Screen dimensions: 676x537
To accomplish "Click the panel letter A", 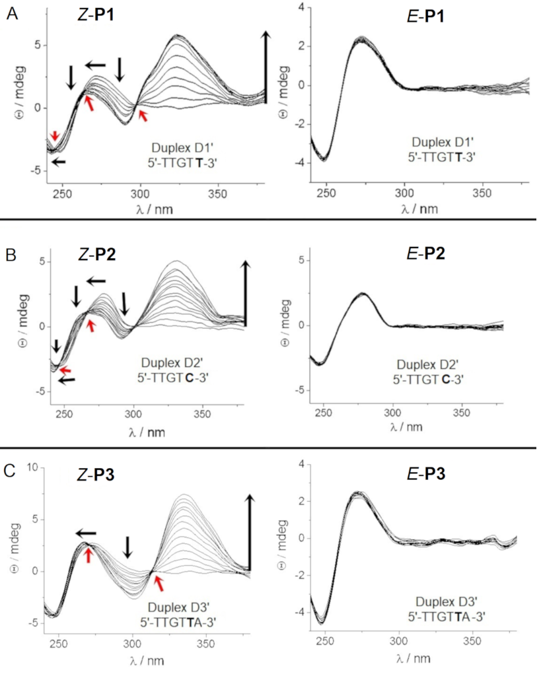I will (x=11, y=13).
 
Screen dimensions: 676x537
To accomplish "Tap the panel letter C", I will (x=11, y=473).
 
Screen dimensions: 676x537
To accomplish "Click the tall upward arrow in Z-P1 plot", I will (x=266, y=66).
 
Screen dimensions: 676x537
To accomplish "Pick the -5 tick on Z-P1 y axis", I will (x=37, y=171).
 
